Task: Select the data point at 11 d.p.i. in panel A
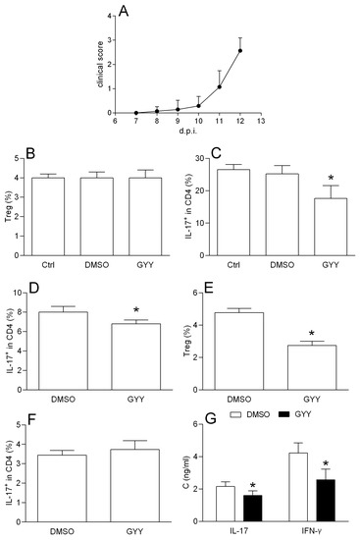click(x=220, y=86)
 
